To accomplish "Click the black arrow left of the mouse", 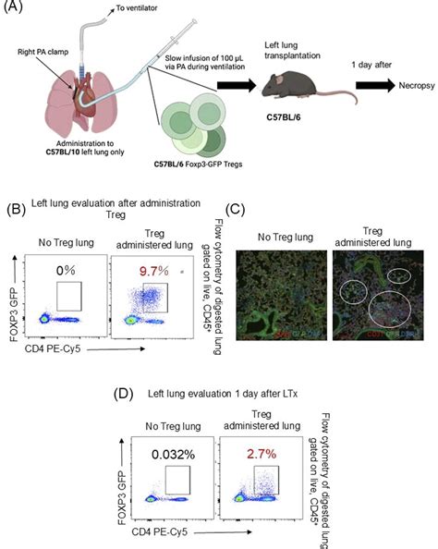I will (237, 91).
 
